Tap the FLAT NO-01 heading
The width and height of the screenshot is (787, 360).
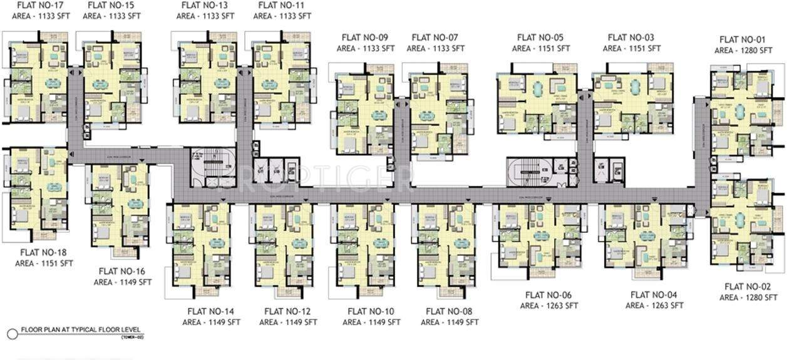(x=743, y=39)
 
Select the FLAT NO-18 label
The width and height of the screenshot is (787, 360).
(x=44, y=252)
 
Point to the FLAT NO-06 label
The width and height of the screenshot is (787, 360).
(x=548, y=295)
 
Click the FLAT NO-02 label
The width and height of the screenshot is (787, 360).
(x=748, y=287)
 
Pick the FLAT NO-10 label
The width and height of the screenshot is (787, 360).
(x=371, y=311)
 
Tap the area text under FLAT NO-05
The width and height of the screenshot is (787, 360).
(x=541, y=48)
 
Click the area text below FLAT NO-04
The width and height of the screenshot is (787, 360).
(x=654, y=306)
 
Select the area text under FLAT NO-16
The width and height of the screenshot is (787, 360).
(x=123, y=282)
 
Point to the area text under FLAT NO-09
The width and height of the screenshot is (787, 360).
(x=366, y=48)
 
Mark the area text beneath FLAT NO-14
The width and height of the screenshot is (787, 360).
(x=212, y=322)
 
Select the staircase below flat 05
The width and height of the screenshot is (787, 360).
(x=527, y=170)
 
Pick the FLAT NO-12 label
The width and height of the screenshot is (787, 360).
(x=288, y=311)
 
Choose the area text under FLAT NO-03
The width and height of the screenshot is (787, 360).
(x=632, y=48)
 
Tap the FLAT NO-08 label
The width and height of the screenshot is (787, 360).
(x=449, y=311)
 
